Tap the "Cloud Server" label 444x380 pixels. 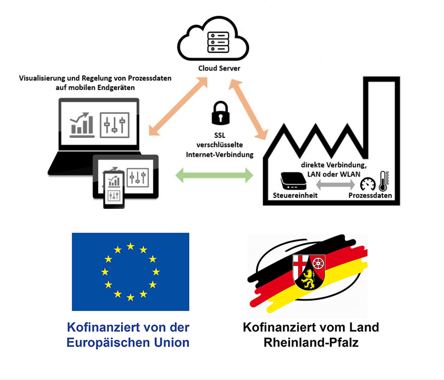(x=219, y=68)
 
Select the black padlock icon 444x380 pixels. (x=219, y=113)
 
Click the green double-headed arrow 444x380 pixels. (x=215, y=174)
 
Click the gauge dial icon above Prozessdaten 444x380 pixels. (x=368, y=184)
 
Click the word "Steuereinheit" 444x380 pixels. (x=295, y=196)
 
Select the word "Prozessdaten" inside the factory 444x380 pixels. (x=370, y=196)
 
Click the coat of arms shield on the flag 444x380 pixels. (x=309, y=271)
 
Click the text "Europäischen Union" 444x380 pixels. (x=128, y=343)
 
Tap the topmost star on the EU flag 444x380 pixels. (x=131, y=246)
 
